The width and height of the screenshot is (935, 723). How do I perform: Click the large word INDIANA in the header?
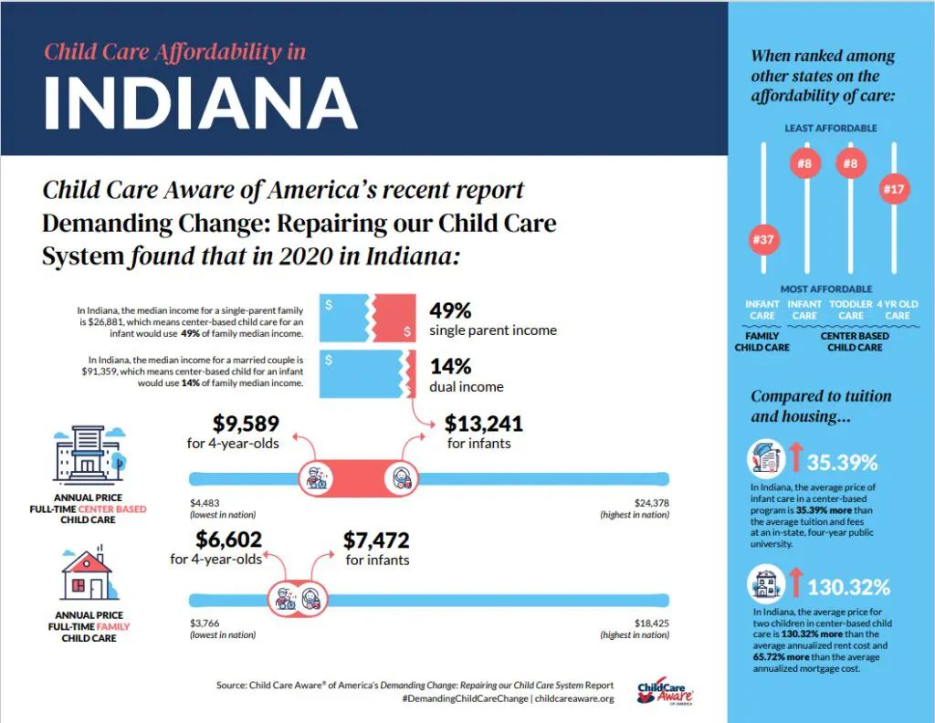point(200,100)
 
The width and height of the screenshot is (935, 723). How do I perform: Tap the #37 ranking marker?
point(762,241)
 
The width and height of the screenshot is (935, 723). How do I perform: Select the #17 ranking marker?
point(894,190)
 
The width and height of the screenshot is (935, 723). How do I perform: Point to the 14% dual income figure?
point(450,366)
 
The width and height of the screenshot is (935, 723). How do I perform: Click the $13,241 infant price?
point(483,424)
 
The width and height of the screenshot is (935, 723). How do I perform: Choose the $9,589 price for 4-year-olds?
point(246,424)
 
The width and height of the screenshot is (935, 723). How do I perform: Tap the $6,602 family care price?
point(228,540)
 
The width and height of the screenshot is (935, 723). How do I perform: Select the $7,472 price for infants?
point(376,540)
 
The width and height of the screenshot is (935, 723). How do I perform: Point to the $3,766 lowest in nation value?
point(205,623)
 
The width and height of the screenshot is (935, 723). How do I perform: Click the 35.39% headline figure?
point(842,461)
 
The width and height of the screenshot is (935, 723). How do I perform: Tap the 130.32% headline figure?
point(848,586)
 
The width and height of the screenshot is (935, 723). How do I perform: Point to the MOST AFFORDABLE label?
point(825,289)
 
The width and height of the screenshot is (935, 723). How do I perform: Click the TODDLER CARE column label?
point(850,309)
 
